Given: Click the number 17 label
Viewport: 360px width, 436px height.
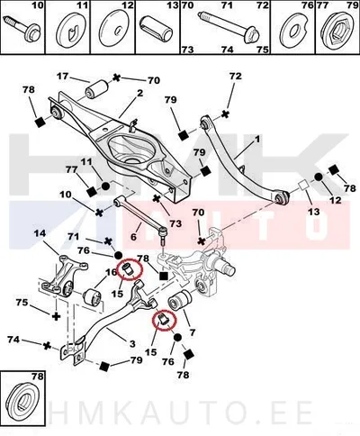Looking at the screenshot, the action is click(x=63, y=76).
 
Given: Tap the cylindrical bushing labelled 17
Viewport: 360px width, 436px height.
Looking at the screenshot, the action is click(x=96, y=88).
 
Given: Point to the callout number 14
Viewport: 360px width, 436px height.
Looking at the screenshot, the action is click(x=40, y=233).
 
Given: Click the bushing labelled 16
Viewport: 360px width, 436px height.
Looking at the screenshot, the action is click(x=93, y=297).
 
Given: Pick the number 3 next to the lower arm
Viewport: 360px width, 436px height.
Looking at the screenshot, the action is click(x=132, y=343).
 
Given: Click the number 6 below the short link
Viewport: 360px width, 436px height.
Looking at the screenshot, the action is click(x=133, y=237).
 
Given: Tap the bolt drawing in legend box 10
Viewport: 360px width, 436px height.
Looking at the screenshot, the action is click(x=22, y=29).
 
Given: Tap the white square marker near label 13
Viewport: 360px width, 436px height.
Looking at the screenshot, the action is click(x=303, y=185).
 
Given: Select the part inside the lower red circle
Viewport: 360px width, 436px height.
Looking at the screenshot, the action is click(x=164, y=320).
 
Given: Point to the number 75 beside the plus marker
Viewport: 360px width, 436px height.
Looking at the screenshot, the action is click(x=22, y=302).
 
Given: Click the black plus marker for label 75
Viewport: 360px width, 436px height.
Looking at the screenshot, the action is click(x=56, y=316).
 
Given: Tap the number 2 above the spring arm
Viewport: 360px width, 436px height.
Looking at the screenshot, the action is click(x=140, y=94).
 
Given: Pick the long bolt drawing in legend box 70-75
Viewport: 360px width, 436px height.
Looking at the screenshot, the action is click(x=229, y=28).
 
